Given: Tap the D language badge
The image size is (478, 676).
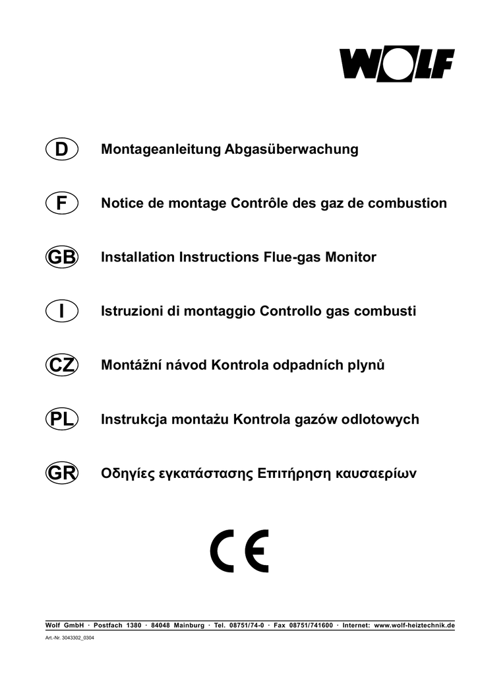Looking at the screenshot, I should click(x=62, y=149).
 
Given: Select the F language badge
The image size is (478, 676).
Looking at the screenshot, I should click(x=62, y=203).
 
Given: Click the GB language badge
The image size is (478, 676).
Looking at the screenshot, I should click(x=62, y=257).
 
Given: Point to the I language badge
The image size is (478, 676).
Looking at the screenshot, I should click(x=62, y=311).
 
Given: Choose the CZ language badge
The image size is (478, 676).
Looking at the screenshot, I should click(x=62, y=365).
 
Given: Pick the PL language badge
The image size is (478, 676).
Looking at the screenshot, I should click(x=62, y=419).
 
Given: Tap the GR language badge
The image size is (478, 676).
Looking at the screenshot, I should click(x=62, y=473).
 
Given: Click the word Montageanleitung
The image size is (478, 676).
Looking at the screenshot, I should click(x=161, y=149).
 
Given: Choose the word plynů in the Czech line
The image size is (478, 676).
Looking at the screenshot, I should click(x=366, y=365).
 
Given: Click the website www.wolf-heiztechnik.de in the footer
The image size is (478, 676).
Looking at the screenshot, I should click(x=414, y=625).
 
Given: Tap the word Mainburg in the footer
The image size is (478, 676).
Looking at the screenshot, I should click(x=189, y=625).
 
